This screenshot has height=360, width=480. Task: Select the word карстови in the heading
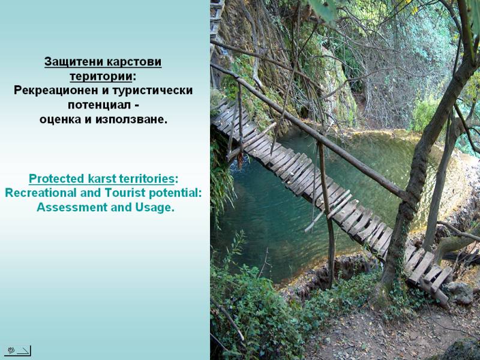(x=133, y=62)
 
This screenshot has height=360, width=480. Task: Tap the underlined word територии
(x=101, y=77)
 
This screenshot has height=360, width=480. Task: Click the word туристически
(x=153, y=91)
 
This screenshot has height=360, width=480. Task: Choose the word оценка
(x=61, y=119)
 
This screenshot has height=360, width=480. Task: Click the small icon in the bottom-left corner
(x=17, y=351)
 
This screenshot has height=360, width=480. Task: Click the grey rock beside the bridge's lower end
(x=460, y=292)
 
